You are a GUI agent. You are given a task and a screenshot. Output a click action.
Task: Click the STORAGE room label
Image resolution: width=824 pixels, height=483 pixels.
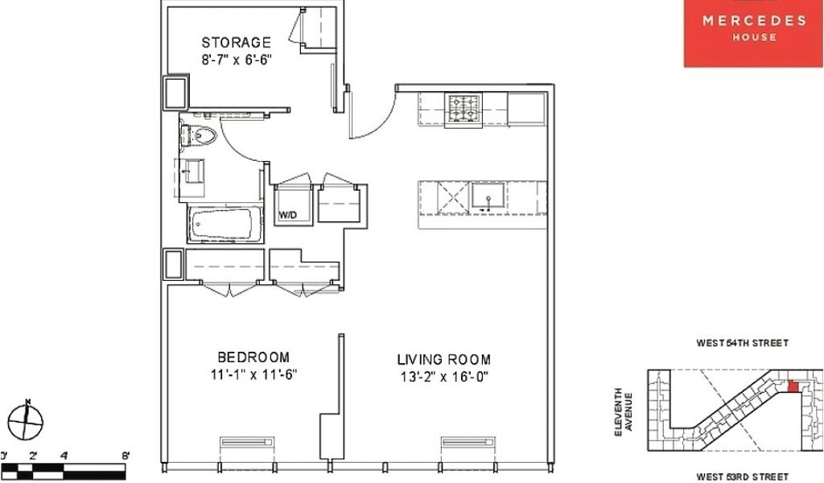[236, 42]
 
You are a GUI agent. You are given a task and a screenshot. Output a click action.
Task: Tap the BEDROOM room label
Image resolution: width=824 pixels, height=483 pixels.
[253, 357]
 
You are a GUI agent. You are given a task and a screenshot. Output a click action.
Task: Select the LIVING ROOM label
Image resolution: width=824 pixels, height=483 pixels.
[444, 360]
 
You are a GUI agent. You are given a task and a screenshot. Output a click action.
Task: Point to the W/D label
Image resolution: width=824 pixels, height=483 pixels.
[287, 215]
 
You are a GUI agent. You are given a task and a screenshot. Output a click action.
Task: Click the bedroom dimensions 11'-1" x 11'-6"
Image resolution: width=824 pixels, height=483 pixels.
[253, 375]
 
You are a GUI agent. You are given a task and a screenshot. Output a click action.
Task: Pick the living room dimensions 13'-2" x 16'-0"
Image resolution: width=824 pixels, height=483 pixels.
[444, 377]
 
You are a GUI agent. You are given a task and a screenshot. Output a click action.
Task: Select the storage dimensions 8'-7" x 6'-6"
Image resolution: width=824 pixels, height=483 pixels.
[236, 60]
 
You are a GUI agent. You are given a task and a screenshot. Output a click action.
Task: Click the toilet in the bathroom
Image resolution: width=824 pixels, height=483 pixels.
[199, 135]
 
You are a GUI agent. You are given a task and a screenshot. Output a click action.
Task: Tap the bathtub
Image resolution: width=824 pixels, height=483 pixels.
[225, 224]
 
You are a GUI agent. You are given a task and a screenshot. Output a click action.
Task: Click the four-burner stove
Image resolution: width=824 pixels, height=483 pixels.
[463, 109]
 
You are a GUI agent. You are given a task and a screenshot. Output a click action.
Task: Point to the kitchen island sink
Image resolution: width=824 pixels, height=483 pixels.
[488, 196]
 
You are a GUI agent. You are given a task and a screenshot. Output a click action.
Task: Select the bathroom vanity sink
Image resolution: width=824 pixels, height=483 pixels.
[192, 171]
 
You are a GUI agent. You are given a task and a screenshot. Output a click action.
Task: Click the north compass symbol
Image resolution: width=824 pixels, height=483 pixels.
[26, 419]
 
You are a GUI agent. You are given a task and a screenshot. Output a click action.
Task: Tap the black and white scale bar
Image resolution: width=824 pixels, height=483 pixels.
[63, 470]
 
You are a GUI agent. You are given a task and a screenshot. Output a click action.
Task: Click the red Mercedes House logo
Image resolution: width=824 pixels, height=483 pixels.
[753, 33]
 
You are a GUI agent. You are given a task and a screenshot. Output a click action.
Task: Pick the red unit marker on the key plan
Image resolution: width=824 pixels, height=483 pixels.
[793, 387]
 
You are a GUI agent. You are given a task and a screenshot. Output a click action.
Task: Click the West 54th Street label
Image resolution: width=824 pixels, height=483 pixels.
[743, 343]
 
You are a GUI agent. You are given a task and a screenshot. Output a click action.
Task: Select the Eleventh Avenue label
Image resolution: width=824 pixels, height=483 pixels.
[624, 412]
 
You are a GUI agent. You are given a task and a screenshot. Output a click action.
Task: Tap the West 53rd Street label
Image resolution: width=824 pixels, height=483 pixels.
[743, 477]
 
